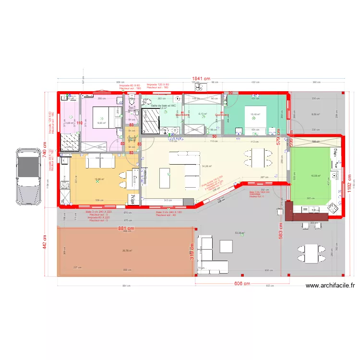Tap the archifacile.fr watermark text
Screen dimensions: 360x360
pyautogui.click(x=330, y=286)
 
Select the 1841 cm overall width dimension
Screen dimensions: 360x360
pyautogui.click(x=202, y=79)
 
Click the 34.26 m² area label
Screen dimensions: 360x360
pyautogui.click(x=207, y=166)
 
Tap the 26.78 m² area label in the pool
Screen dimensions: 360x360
pyautogui.click(x=127, y=250)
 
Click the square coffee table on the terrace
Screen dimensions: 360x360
pyautogui.click(x=227, y=246)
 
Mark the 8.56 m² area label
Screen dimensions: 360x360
pyautogui.click(x=315, y=114)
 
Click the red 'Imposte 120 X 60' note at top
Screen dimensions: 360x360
pyautogui.click(x=157, y=84)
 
